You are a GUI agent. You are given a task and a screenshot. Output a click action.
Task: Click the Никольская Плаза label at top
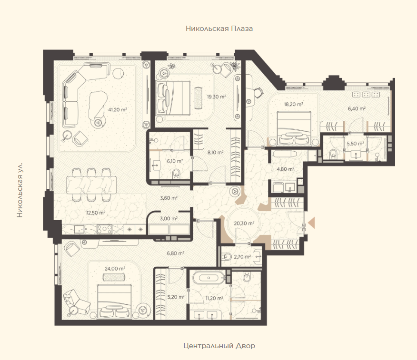pyautogui.click(x=219, y=29)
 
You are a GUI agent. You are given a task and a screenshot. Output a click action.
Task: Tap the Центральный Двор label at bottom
pyautogui.click(x=219, y=346)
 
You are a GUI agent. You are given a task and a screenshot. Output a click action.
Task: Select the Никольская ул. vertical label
pyautogui.click(x=20, y=190)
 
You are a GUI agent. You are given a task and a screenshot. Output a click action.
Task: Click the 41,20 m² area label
pyautogui.click(x=117, y=109)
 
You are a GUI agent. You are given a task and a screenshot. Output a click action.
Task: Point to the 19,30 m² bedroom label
pyautogui.click(x=217, y=97)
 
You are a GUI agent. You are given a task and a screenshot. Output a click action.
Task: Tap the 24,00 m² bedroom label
pyautogui.click(x=115, y=269)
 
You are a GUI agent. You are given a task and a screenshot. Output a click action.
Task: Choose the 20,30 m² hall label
pyautogui.click(x=244, y=223)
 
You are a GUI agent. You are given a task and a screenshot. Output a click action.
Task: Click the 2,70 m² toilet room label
pyautogui.click(x=242, y=257)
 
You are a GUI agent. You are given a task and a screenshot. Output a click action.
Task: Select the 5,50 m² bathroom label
pyautogui.click(x=355, y=144)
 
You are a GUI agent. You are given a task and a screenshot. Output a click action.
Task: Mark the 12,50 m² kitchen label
pyautogui.click(x=96, y=213)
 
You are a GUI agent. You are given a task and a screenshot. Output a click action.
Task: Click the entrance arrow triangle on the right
pyautogui.click(x=311, y=223)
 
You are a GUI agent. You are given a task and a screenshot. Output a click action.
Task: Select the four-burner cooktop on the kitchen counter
pyautogui.click(x=104, y=229)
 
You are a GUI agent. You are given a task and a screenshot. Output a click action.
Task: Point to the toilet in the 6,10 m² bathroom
pyautogui.click(x=176, y=174)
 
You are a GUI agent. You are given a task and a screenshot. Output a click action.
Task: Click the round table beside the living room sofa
pyautogui.click(x=118, y=73)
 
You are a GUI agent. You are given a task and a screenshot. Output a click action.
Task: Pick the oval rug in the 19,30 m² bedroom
pyautogui.click(x=199, y=98)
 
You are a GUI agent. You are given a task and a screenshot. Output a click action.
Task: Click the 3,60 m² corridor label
pyautogui.click(x=169, y=198)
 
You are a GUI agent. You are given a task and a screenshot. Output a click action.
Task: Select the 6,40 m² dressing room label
pyautogui.click(x=357, y=108)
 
